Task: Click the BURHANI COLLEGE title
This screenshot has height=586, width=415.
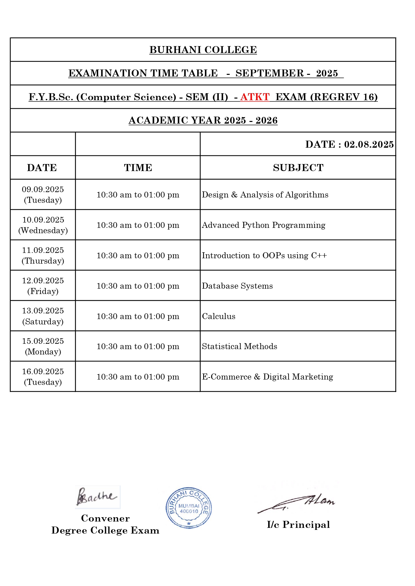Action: click(x=203, y=50)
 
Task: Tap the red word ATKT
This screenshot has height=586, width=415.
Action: click(x=255, y=97)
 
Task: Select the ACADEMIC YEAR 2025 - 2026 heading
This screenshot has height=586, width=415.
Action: click(x=203, y=120)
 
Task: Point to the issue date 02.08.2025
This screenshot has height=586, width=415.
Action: click(x=368, y=144)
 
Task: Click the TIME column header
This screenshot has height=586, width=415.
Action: click(x=138, y=168)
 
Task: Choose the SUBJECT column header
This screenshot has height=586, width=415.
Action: click(x=298, y=168)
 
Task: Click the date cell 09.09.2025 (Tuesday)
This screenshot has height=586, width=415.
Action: click(x=43, y=194)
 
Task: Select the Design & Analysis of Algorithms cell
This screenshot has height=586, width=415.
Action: click(x=265, y=195)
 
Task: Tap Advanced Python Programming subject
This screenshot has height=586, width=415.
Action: click(x=263, y=225)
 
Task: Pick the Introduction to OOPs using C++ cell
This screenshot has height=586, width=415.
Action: click(x=264, y=256)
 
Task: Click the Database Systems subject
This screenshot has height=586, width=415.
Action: click(x=237, y=286)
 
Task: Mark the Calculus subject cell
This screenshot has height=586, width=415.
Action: click(x=219, y=316)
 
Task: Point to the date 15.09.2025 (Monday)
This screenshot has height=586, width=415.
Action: click(x=43, y=346)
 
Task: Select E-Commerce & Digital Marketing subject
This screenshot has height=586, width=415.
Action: click(x=267, y=377)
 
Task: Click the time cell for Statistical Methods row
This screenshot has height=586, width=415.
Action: click(x=138, y=346)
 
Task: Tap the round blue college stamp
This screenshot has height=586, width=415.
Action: click(x=189, y=507)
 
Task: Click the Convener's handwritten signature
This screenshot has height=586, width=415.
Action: click(x=97, y=497)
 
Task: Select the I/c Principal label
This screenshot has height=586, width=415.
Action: click(x=298, y=525)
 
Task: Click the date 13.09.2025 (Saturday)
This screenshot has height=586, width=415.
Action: click(x=43, y=316)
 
